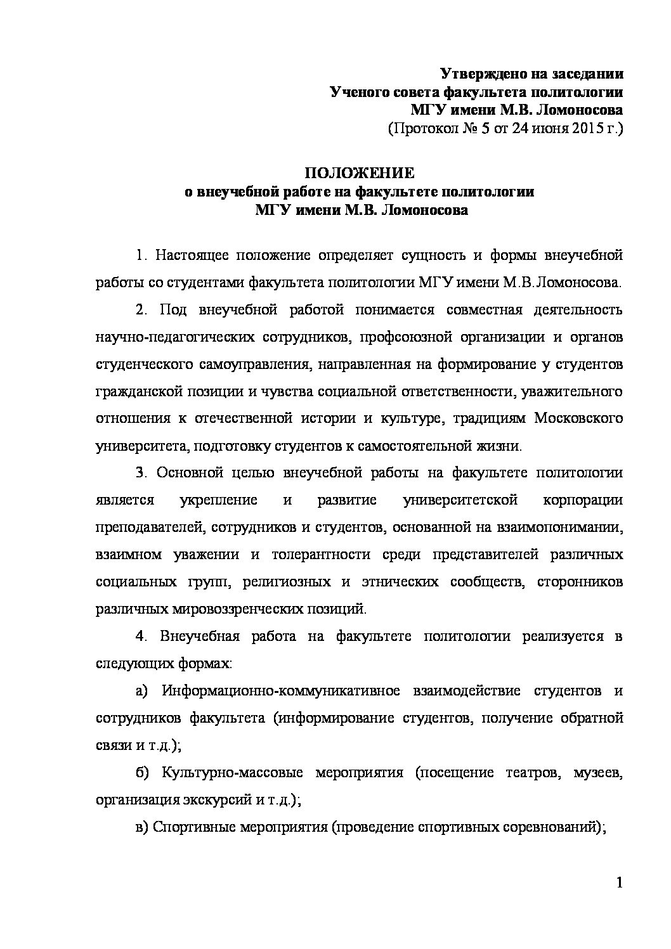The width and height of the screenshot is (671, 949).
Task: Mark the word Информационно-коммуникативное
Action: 280,690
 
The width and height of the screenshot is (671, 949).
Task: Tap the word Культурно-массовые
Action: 228,773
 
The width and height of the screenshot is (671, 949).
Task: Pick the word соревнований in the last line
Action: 551,827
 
